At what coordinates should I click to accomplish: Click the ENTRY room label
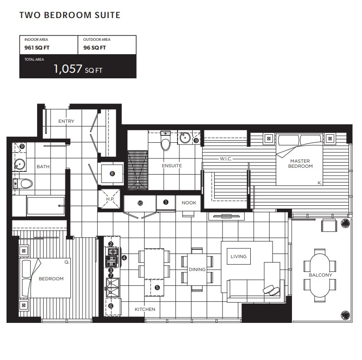(66, 121)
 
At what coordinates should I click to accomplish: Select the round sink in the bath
(19, 164)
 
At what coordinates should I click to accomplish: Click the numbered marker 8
(112, 173)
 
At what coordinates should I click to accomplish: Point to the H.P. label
(110, 199)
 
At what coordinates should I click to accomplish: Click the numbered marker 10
(140, 203)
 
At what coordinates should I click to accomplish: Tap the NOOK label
(189, 203)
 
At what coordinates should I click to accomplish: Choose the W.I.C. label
(226, 159)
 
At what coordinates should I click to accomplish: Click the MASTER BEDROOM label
(300, 164)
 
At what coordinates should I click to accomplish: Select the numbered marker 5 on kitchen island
(157, 288)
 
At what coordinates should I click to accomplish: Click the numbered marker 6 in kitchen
(111, 306)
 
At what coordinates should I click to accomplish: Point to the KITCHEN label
(145, 309)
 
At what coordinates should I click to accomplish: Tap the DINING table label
(197, 269)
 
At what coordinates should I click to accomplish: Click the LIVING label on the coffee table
(239, 256)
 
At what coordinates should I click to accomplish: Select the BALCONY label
(320, 275)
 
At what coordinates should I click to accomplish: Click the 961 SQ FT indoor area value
(37, 48)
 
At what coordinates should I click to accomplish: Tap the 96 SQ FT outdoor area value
(95, 48)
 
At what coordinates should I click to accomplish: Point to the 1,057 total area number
(68, 69)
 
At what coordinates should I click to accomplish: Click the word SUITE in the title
(107, 15)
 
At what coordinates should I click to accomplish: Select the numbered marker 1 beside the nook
(166, 202)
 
